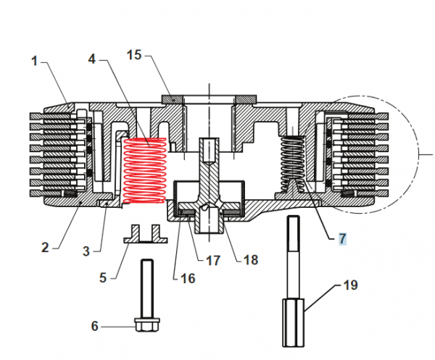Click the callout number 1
pos(34,62)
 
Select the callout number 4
pos(92,58)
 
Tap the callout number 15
pos(136,55)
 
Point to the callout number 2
pos(45,247)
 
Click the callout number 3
pos(86,251)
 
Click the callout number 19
pos(349,285)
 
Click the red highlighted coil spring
pos(145,172)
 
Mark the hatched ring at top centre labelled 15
pos(175,99)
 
